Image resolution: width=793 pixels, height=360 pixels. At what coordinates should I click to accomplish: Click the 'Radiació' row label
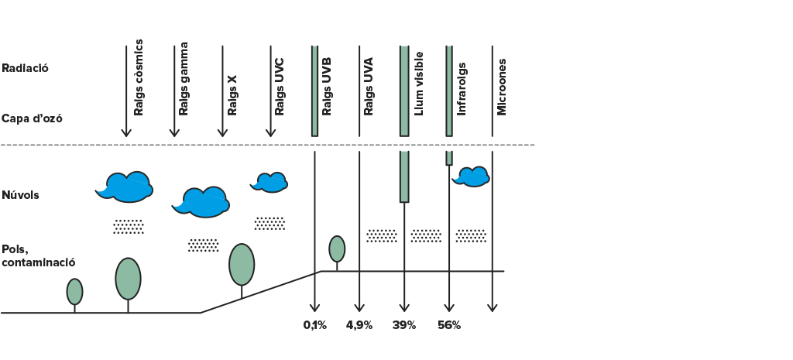click(26, 68)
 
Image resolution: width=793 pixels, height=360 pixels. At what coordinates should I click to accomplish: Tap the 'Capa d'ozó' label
click(32, 118)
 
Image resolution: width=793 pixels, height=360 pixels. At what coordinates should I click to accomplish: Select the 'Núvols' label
click(20, 195)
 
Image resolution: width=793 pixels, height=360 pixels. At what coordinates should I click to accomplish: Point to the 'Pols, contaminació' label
click(39, 255)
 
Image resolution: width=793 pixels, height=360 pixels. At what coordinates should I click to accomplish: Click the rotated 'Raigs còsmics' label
click(139, 77)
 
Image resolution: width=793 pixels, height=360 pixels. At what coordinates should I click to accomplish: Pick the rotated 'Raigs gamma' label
click(184, 78)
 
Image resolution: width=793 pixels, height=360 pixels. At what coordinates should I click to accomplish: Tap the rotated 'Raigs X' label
click(232, 95)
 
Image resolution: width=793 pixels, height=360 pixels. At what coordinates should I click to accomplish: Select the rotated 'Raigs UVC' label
click(279, 87)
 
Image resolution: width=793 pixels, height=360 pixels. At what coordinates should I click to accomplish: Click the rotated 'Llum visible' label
click(419, 84)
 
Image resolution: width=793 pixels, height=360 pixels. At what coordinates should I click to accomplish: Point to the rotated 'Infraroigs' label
click(462, 89)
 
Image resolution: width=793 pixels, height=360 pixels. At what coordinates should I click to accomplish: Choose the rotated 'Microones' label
click(502, 87)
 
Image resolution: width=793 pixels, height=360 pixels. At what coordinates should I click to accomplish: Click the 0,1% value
click(315, 326)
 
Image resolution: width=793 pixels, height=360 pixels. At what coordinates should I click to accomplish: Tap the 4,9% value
click(359, 326)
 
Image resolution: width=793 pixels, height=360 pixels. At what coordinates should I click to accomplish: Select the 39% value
click(404, 326)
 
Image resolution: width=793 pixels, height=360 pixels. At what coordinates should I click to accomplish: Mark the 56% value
click(449, 326)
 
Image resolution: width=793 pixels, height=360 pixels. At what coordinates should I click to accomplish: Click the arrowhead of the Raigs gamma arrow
click(174, 133)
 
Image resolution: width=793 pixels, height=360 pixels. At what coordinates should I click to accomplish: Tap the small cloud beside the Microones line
click(471, 177)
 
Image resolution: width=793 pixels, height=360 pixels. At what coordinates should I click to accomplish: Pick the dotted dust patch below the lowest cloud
click(204, 245)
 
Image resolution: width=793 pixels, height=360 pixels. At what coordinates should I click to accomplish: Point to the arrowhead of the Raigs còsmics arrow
click(126, 133)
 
